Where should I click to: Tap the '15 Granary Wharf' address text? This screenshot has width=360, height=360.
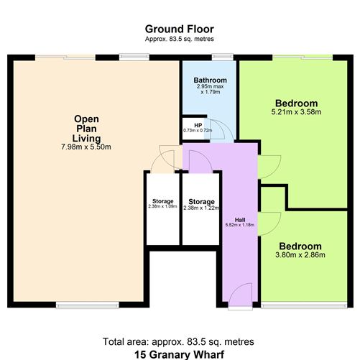(180, 353)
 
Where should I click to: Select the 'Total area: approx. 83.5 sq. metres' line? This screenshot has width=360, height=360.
(180, 341)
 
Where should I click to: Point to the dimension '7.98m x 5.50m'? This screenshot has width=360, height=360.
(91, 147)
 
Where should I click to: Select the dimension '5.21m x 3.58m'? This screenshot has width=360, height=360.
(295, 112)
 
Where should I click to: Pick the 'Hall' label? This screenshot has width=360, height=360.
(241, 219)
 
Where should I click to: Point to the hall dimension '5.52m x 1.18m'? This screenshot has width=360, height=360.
(241, 226)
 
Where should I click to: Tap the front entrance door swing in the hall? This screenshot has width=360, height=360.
(243, 295)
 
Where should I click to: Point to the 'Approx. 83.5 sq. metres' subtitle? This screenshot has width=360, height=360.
(179, 39)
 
